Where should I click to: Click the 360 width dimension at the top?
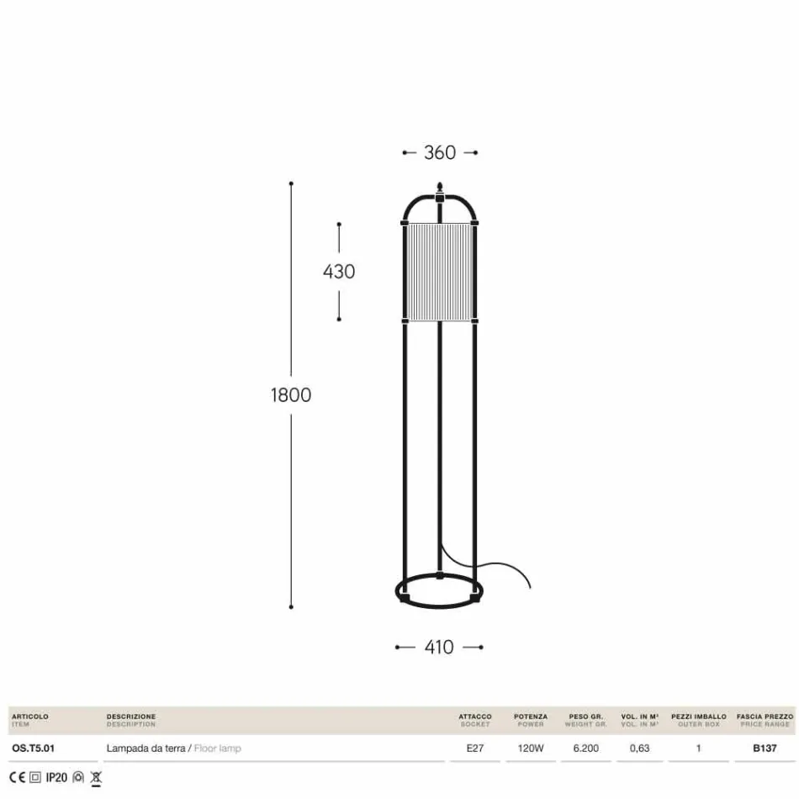click(x=440, y=152)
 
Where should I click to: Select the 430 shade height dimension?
click(x=339, y=272)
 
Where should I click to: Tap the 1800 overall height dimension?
click(x=291, y=394)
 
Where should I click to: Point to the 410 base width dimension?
click(x=439, y=647)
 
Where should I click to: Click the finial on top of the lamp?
click(x=439, y=187)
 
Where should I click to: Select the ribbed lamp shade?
click(x=439, y=272)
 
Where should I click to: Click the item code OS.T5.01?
click(x=33, y=748)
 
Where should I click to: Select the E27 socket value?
click(x=475, y=748)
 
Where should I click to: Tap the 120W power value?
click(x=531, y=748)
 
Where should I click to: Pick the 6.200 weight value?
click(x=585, y=748)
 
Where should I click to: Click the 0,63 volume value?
click(x=639, y=748)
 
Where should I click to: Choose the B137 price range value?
click(x=765, y=748)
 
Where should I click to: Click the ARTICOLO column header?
click(x=30, y=717)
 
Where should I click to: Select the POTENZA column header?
click(x=531, y=717)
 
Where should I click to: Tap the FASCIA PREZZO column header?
click(x=765, y=717)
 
